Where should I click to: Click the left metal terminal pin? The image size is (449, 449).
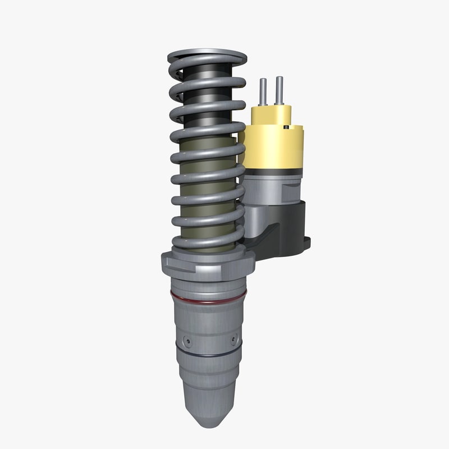coord(262,92)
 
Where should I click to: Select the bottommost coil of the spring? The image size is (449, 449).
coord(208,243)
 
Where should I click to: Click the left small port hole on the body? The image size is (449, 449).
coord(187,341)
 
